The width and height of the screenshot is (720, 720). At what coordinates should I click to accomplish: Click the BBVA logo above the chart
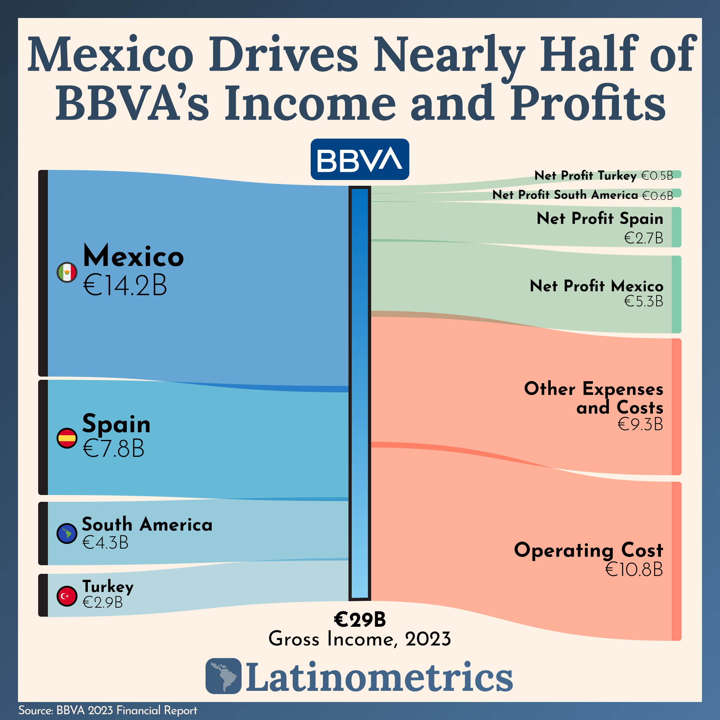(360, 159)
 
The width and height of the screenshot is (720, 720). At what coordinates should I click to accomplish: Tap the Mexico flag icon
(67, 273)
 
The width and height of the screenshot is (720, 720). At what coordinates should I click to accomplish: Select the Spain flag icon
(67, 438)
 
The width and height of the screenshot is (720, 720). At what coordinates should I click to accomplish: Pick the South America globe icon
(67, 534)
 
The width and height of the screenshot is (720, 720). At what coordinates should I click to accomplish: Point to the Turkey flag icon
(67, 596)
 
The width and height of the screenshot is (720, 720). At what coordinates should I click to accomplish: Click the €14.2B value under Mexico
(125, 286)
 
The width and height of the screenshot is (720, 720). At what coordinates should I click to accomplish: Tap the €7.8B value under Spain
(113, 448)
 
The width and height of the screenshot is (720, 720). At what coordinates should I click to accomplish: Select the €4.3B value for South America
(105, 543)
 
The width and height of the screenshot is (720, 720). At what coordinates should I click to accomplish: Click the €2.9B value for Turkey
(103, 602)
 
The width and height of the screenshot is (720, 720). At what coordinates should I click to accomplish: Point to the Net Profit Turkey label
(585, 176)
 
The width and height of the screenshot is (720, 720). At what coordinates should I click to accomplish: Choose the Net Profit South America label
(565, 194)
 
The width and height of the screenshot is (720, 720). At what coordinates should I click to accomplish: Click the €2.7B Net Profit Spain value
(644, 238)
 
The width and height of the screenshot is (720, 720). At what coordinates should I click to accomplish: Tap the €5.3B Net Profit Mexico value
(644, 301)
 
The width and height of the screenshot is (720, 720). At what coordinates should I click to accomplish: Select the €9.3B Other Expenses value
(640, 424)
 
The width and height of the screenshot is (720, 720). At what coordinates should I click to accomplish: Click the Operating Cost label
(589, 550)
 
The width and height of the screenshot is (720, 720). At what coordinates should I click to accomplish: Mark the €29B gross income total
(360, 620)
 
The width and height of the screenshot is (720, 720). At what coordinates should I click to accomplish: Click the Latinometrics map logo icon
(224, 676)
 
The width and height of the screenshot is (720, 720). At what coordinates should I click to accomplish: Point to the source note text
(108, 710)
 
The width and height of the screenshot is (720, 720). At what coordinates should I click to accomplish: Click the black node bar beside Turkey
(43, 595)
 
